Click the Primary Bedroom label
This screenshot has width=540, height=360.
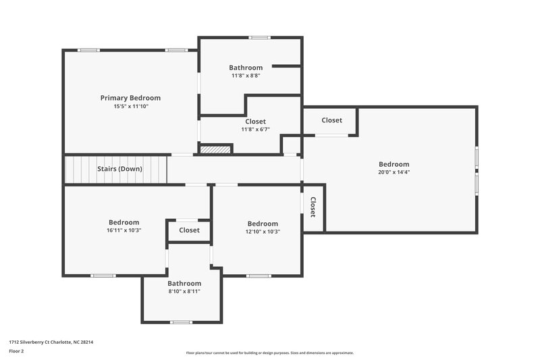130,98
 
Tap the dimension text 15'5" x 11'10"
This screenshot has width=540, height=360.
130,107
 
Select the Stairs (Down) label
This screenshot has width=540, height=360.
119,169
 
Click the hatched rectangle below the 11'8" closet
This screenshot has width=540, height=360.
216,149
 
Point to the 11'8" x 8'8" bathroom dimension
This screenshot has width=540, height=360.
246,76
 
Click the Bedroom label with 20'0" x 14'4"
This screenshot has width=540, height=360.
394,164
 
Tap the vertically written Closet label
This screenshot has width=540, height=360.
313,207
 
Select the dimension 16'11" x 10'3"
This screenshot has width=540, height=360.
124,231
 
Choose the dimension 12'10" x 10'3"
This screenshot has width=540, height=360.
263,232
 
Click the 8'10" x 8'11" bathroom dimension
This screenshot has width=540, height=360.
184,292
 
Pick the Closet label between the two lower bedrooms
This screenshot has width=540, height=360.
189,230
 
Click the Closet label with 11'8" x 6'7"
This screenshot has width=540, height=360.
255,122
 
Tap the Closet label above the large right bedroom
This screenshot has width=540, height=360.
331,120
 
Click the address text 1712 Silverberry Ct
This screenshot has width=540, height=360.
51,342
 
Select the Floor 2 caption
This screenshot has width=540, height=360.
16,351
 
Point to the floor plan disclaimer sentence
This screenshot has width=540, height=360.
270,353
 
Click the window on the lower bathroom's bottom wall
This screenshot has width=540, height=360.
181,322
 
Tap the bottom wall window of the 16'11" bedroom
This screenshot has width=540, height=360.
103,275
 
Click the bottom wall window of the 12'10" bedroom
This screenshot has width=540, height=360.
258,275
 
